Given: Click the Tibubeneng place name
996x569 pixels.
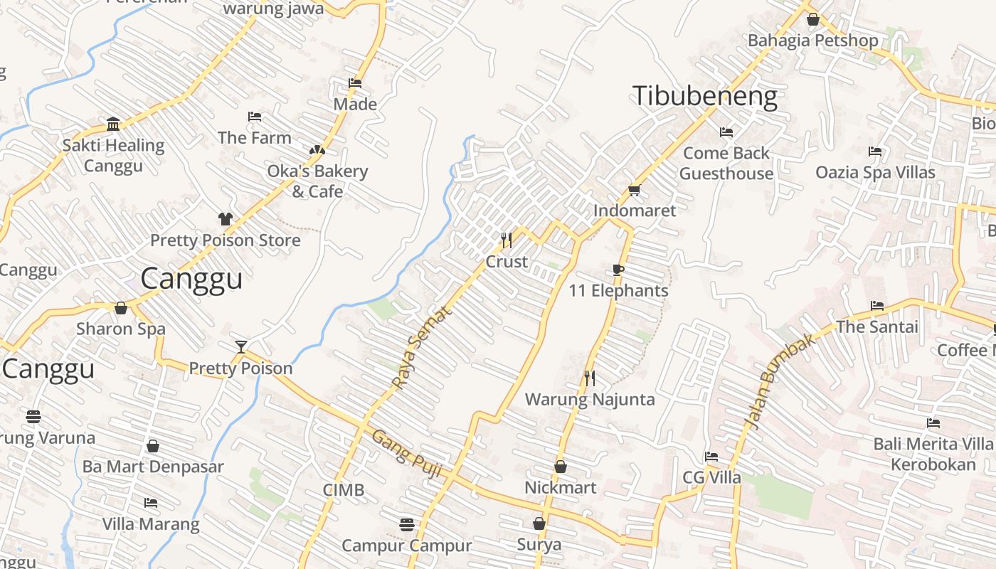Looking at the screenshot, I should pyautogui.click(x=704, y=96).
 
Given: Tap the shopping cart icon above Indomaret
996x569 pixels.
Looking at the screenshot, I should pyautogui.click(x=634, y=190).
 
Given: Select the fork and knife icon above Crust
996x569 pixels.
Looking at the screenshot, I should pyautogui.click(x=507, y=240).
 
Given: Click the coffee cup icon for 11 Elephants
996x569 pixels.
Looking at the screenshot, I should pyautogui.click(x=618, y=270).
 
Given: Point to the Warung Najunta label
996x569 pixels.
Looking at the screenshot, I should pyautogui.click(x=589, y=399).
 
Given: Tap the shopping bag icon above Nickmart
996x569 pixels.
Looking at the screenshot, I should pyautogui.click(x=560, y=467).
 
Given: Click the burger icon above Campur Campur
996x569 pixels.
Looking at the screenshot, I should pyautogui.click(x=406, y=525).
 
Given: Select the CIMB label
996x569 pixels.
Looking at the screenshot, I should pyautogui.click(x=343, y=490).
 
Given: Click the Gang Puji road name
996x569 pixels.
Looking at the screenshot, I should pyautogui.click(x=407, y=453).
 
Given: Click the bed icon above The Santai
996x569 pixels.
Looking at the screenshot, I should pyautogui.click(x=877, y=306).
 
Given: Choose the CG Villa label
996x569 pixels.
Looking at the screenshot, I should pyautogui.click(x=711, y=477).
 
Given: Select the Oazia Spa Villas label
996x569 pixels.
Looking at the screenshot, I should pyautogui.click(x=875, y=172).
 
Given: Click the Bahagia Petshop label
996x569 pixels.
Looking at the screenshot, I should pyautogui.click(x=812, y=41).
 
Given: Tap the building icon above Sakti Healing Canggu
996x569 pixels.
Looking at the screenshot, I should pyautogui.click(x=113, y=124).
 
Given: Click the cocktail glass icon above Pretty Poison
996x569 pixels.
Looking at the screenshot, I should pyautogui.click(x=241, y=347).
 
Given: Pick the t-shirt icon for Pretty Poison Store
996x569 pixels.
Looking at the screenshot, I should pyautogui.click(x=225, y=219).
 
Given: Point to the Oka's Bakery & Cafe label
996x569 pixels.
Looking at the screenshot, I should pyautogui.click(x=317, y=181).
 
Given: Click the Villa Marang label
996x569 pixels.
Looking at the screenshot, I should pyautogui.click(x=151, y=524).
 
